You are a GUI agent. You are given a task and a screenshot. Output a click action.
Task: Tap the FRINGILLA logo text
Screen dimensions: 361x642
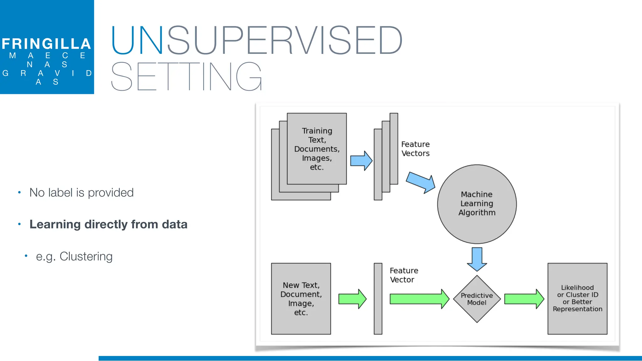pos(46,44)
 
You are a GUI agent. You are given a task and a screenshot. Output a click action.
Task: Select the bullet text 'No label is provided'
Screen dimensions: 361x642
pos(82,192)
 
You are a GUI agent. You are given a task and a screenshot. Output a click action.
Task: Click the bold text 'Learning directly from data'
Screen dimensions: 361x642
pos(108,224)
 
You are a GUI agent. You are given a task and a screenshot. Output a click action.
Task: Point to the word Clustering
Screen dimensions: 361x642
pos(86,256)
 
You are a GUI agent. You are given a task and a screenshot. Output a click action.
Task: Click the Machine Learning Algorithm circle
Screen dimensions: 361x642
pos(477,204)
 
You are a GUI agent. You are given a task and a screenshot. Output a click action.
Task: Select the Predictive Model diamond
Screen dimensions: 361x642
pos(477,299)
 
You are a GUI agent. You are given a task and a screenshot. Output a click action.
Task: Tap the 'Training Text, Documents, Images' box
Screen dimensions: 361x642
pos(317,149)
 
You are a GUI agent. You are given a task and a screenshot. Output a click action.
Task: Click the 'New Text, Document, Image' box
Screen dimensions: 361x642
pos(301,299)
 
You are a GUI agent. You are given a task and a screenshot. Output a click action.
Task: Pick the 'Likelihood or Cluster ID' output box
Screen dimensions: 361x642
pos(577,299)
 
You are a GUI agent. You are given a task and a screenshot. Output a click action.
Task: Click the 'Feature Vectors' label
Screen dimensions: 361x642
pos(415,149)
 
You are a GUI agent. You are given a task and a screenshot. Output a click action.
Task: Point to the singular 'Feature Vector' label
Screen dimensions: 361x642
pos(404,275)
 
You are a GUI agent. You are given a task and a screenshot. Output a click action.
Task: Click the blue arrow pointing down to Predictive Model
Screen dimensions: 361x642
pos(477,259)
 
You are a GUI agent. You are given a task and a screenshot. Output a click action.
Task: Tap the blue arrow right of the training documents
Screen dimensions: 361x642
pos(361,161)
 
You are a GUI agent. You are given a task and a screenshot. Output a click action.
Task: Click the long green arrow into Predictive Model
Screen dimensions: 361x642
pos(419,299)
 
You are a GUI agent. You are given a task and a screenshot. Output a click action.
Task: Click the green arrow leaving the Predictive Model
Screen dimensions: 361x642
pos(524,299)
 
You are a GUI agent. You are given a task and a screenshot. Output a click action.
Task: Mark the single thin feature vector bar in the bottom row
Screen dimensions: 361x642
pos(378,299)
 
